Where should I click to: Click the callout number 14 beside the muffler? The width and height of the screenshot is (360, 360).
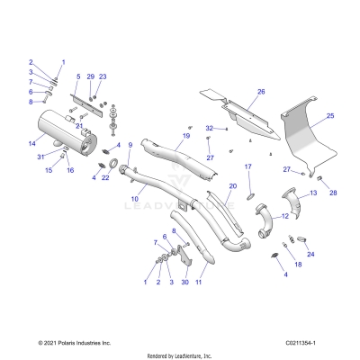(x=31, y=143)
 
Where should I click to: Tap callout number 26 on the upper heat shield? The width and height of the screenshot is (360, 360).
(x=261, y=92)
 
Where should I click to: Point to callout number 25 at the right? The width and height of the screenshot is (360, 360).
(x=329, y=116)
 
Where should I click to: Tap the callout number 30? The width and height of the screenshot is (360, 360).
(x=185, y=282)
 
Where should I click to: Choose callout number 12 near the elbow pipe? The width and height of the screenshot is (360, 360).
(x=285, y=216)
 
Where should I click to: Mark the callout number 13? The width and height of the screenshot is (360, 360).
(x=313, y=193)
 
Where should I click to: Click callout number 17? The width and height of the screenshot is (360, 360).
(x=248, y=167)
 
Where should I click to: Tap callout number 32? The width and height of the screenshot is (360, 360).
(x=208, y=129)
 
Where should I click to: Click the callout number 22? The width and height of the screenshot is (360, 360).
(x=106, y=177)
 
